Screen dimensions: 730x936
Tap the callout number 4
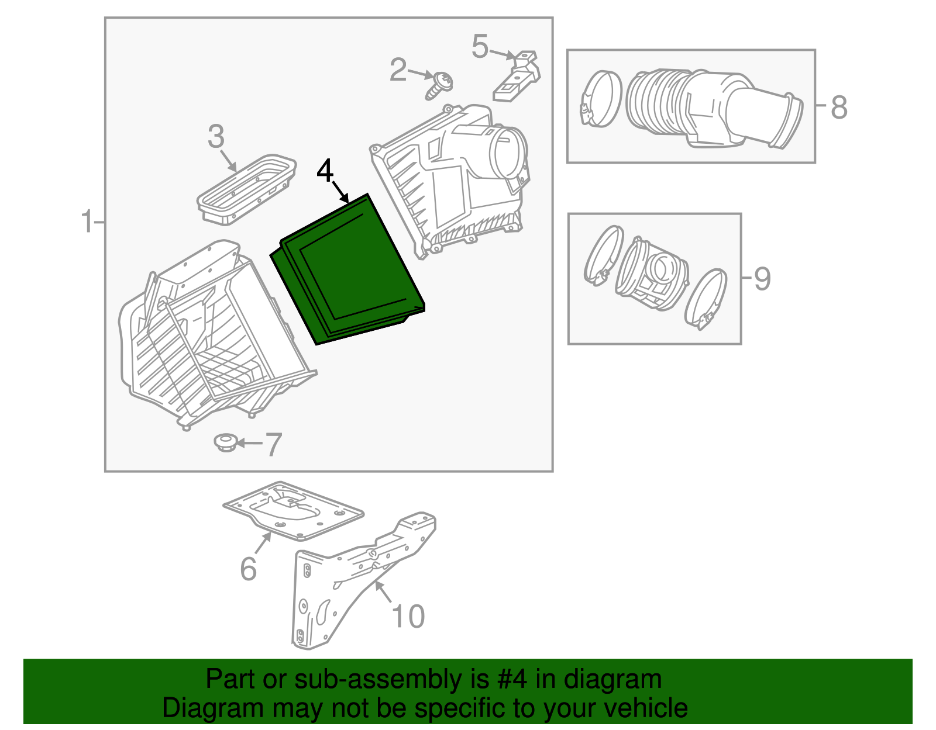pos(325,172)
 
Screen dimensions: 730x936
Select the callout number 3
pos(216,137)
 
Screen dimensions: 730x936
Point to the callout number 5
pos(480,47)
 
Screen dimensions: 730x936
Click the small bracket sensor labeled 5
pos(518,76)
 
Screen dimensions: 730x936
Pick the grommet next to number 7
pos(224,442)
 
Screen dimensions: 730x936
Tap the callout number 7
pos(274,445)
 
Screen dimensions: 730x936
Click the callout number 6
pos(249,569)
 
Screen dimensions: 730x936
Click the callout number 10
pos(408,617)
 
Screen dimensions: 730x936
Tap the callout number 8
pos(839,108)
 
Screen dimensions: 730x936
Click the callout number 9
pos(762,279)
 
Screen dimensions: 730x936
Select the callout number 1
pos(87,222)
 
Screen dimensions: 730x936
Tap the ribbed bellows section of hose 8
pos(655,103)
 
